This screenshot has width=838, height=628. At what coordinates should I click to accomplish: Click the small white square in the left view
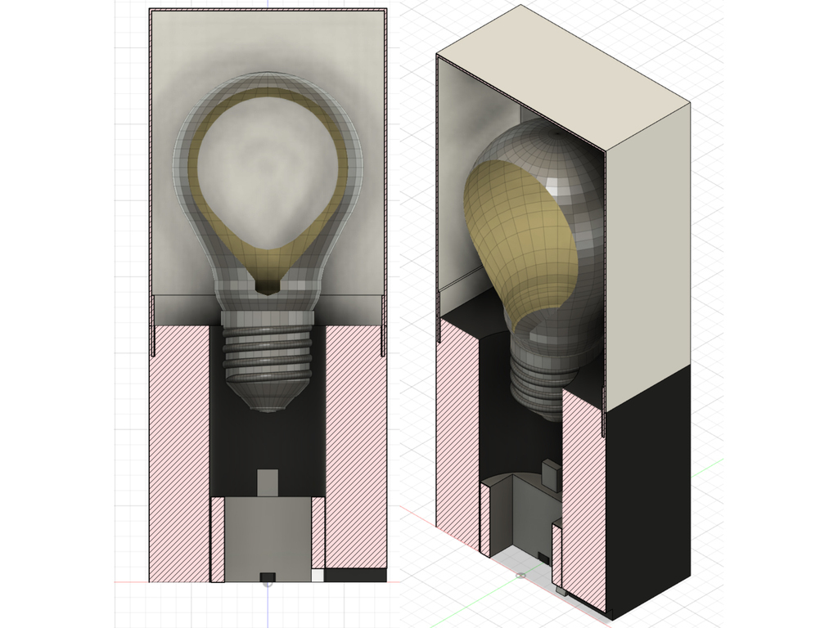[318, 575]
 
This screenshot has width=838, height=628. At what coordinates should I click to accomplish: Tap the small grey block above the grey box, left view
[268, 482]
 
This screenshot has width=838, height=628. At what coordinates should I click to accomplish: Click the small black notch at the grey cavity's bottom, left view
[268, 577]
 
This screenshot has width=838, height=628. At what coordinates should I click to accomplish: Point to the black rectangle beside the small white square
[355, 575]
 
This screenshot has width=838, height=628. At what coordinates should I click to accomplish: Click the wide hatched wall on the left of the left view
[179, 450]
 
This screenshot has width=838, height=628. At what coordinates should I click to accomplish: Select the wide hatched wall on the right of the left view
[355, 446]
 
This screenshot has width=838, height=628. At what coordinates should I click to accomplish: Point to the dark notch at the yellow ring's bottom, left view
[267, 287]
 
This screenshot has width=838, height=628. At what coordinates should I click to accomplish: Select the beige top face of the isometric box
[565, 78]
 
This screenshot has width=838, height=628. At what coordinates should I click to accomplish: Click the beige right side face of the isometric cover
[647, 245]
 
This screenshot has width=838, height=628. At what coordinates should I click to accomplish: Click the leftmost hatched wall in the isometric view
[457, 433]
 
